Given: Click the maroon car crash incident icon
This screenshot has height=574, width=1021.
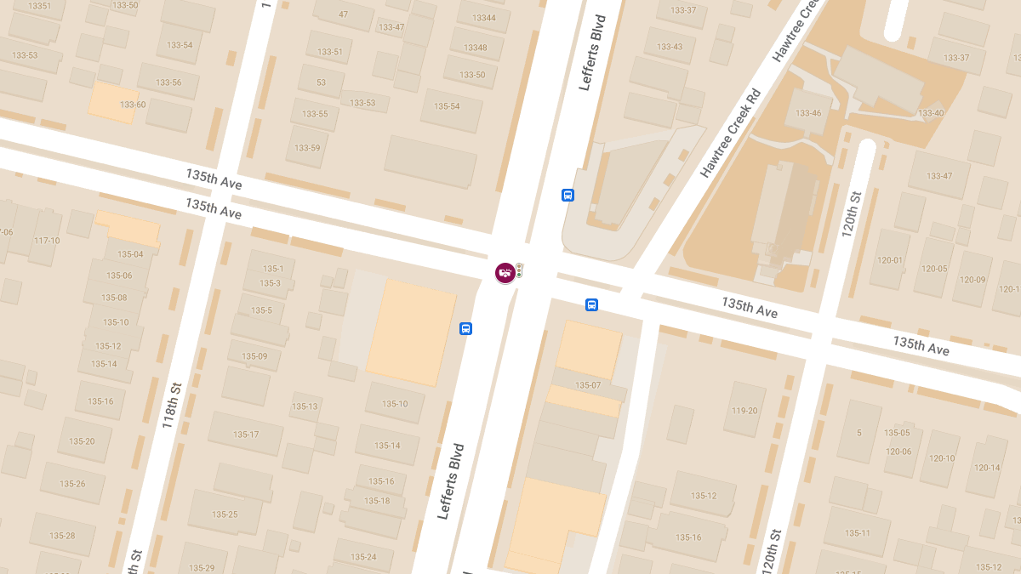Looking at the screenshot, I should point(505,273).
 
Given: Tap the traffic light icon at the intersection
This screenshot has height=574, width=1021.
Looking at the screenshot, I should point(519,270).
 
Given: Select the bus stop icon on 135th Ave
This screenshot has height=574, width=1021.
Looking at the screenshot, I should point(591,305).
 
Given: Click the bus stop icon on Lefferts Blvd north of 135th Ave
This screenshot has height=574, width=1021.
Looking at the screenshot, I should point(568,195).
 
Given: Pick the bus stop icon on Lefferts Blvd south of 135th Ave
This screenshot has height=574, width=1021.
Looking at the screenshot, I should point(465,328).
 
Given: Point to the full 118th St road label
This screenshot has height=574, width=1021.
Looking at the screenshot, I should point(173,405).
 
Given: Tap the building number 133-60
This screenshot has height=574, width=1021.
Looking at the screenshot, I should point(133,105).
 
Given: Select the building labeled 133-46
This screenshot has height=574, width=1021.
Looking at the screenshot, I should point(808,113).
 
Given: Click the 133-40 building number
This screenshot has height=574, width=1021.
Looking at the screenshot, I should point(930,113).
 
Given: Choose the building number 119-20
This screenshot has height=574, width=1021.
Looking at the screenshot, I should point(744,411).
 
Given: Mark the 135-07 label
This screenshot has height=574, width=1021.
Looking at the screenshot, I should point(587,385).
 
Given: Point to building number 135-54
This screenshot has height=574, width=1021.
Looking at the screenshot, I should point(446,106).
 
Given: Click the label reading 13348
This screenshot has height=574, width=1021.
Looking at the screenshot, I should point(476,48).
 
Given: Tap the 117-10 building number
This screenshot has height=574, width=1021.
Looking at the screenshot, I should point(46,241).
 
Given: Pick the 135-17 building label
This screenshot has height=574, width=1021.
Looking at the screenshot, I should point(246,435).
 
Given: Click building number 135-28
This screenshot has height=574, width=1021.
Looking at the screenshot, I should point(62,536).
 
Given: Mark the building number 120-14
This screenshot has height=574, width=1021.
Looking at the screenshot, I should point(987,468).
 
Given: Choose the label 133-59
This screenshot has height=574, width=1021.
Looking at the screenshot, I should point(307,148).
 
